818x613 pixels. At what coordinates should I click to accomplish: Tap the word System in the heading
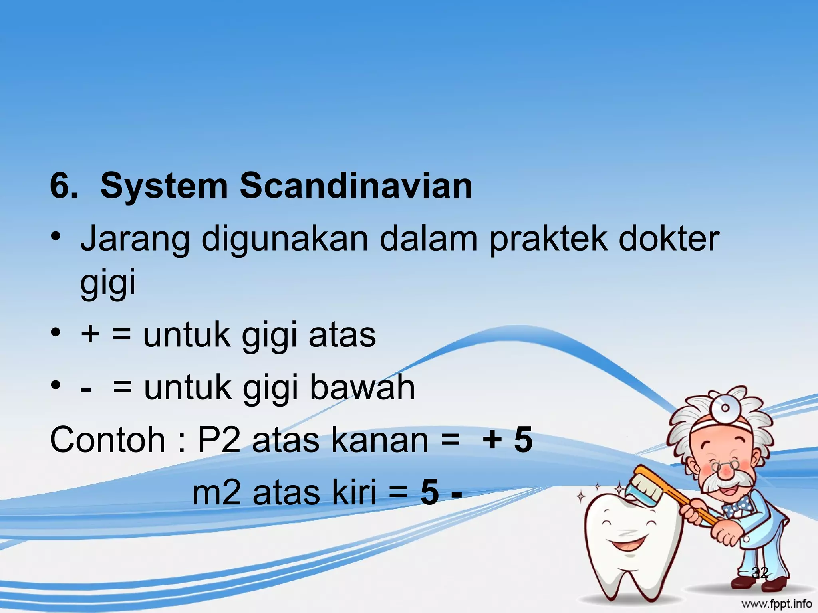point(164,187)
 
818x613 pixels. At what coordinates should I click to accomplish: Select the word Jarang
point(135,239)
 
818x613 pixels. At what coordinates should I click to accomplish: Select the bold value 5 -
point(441,493)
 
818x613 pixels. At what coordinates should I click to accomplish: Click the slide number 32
point(760,573)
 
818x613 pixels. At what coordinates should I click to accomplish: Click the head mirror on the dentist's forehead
point(725,408)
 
